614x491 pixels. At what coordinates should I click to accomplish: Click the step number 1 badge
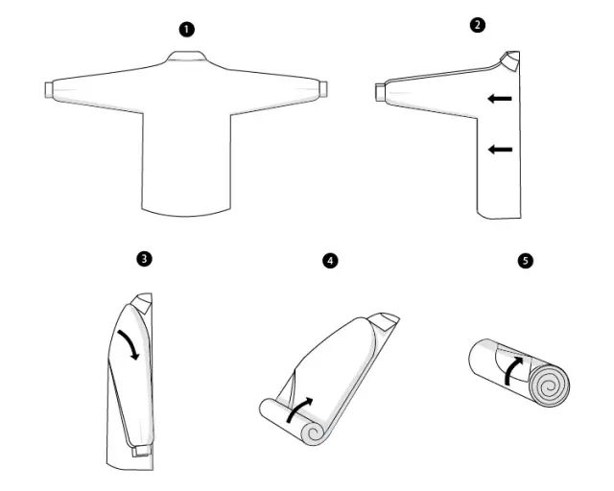coord(187,30)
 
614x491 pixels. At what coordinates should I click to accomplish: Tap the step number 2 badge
coord(477,26)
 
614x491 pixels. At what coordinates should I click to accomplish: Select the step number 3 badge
coord(145,259)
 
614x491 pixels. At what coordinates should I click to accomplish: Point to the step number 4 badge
coord(330,261)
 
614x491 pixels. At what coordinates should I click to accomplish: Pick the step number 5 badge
coord(526,261)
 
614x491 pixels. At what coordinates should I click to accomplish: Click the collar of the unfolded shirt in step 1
coord(187,56)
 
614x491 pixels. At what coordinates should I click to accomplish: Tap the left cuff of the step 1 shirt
coord(49,89)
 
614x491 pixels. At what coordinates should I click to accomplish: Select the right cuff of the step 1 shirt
coord(323,89)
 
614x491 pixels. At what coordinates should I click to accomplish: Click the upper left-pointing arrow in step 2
coord(500,99)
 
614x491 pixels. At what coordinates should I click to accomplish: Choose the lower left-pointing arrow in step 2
coord(500,150)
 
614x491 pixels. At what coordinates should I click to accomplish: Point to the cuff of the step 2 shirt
coord(380,92)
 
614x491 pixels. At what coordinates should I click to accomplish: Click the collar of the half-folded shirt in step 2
coord(509,61)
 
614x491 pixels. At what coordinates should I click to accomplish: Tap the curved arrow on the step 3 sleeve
coord(130,341)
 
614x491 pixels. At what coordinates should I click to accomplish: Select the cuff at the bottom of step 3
coord(141,451)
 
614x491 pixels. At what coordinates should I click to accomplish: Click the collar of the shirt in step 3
coord(143,302)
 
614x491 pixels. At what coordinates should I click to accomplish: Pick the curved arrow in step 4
coord(299,409)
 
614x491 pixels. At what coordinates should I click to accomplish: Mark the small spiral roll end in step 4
coord(314,433)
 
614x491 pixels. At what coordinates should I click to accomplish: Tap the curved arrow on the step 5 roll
coord(512,370)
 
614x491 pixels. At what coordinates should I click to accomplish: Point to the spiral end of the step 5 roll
coord(549,386)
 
